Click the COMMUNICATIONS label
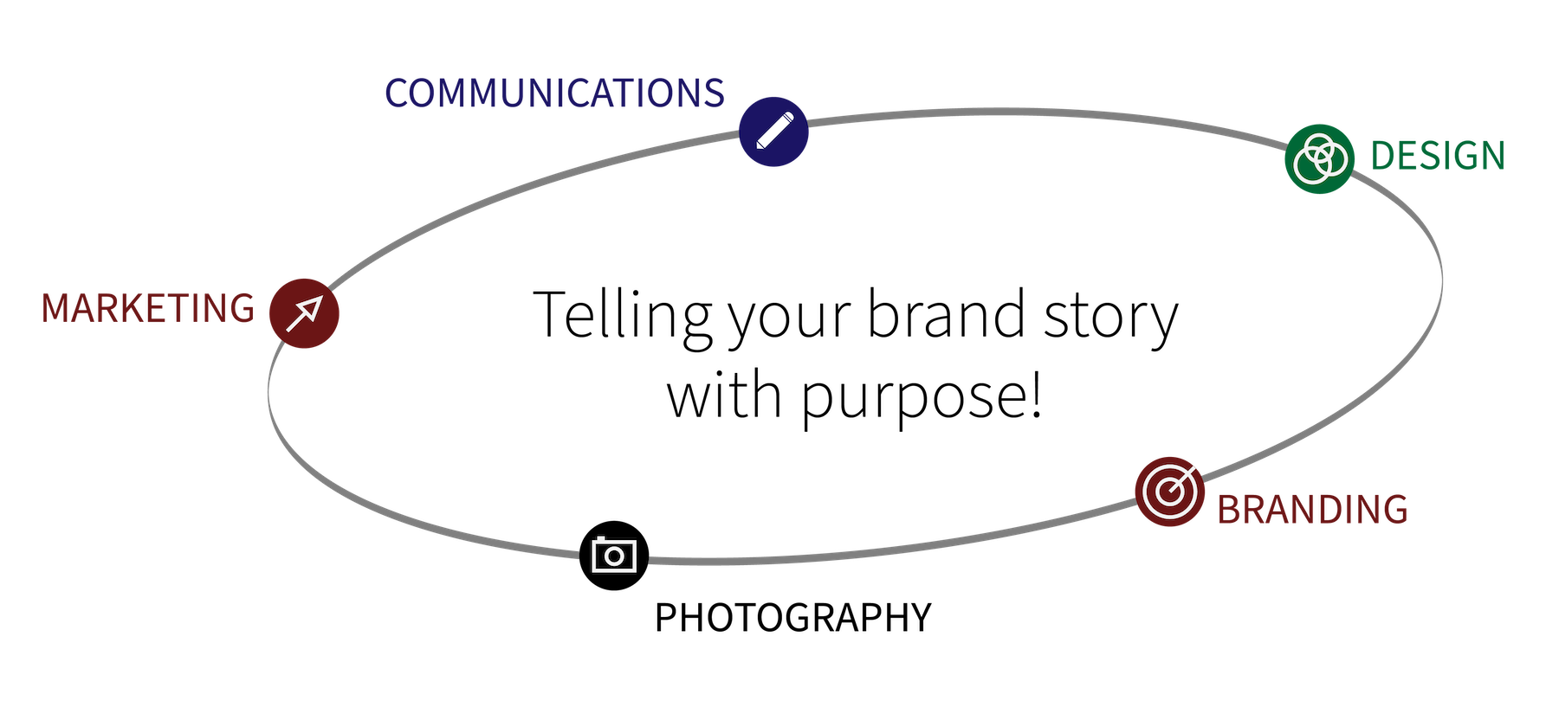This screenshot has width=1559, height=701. tap(554, 93)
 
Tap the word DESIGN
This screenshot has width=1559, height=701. tap(1438, 156)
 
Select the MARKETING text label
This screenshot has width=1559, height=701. tap(148, 308)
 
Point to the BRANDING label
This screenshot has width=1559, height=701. tap(1312, 509)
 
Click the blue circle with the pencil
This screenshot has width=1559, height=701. tap(773, 132)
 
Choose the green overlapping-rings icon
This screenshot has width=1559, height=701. tap(1318, 158)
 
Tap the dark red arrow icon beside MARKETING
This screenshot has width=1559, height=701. tap(304, 313)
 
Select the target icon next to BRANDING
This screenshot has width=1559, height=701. tap(1169, 491)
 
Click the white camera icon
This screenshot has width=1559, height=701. tap(614, 555)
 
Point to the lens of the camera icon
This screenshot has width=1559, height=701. tap(614, 556)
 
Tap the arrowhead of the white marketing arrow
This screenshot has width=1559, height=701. tap(314, 304)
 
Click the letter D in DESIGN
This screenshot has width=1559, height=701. tap(1382, 156)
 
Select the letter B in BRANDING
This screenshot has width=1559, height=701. tap(1229, 509)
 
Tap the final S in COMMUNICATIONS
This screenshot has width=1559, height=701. tap(715, 93)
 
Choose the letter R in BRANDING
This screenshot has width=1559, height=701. tap(1252, 509)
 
